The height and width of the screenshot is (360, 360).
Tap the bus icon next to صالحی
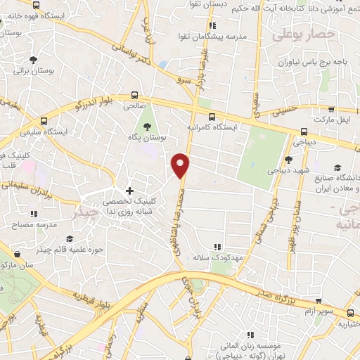(134, 96)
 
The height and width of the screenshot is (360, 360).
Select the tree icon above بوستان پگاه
(147, 127)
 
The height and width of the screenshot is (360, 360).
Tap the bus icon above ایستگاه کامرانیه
(211, 117)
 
